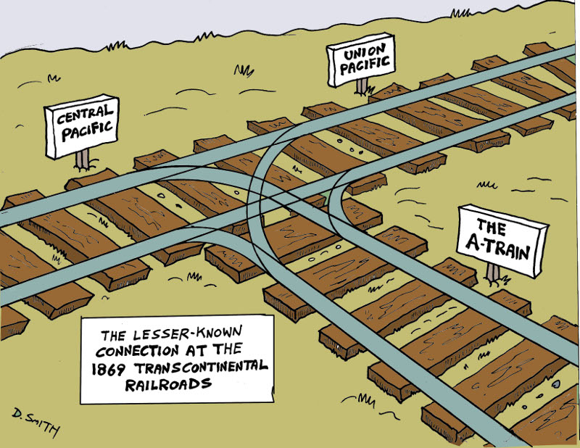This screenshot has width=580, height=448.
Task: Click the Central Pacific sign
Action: click(81, 126)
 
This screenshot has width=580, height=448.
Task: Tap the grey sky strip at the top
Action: click(290, 18)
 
